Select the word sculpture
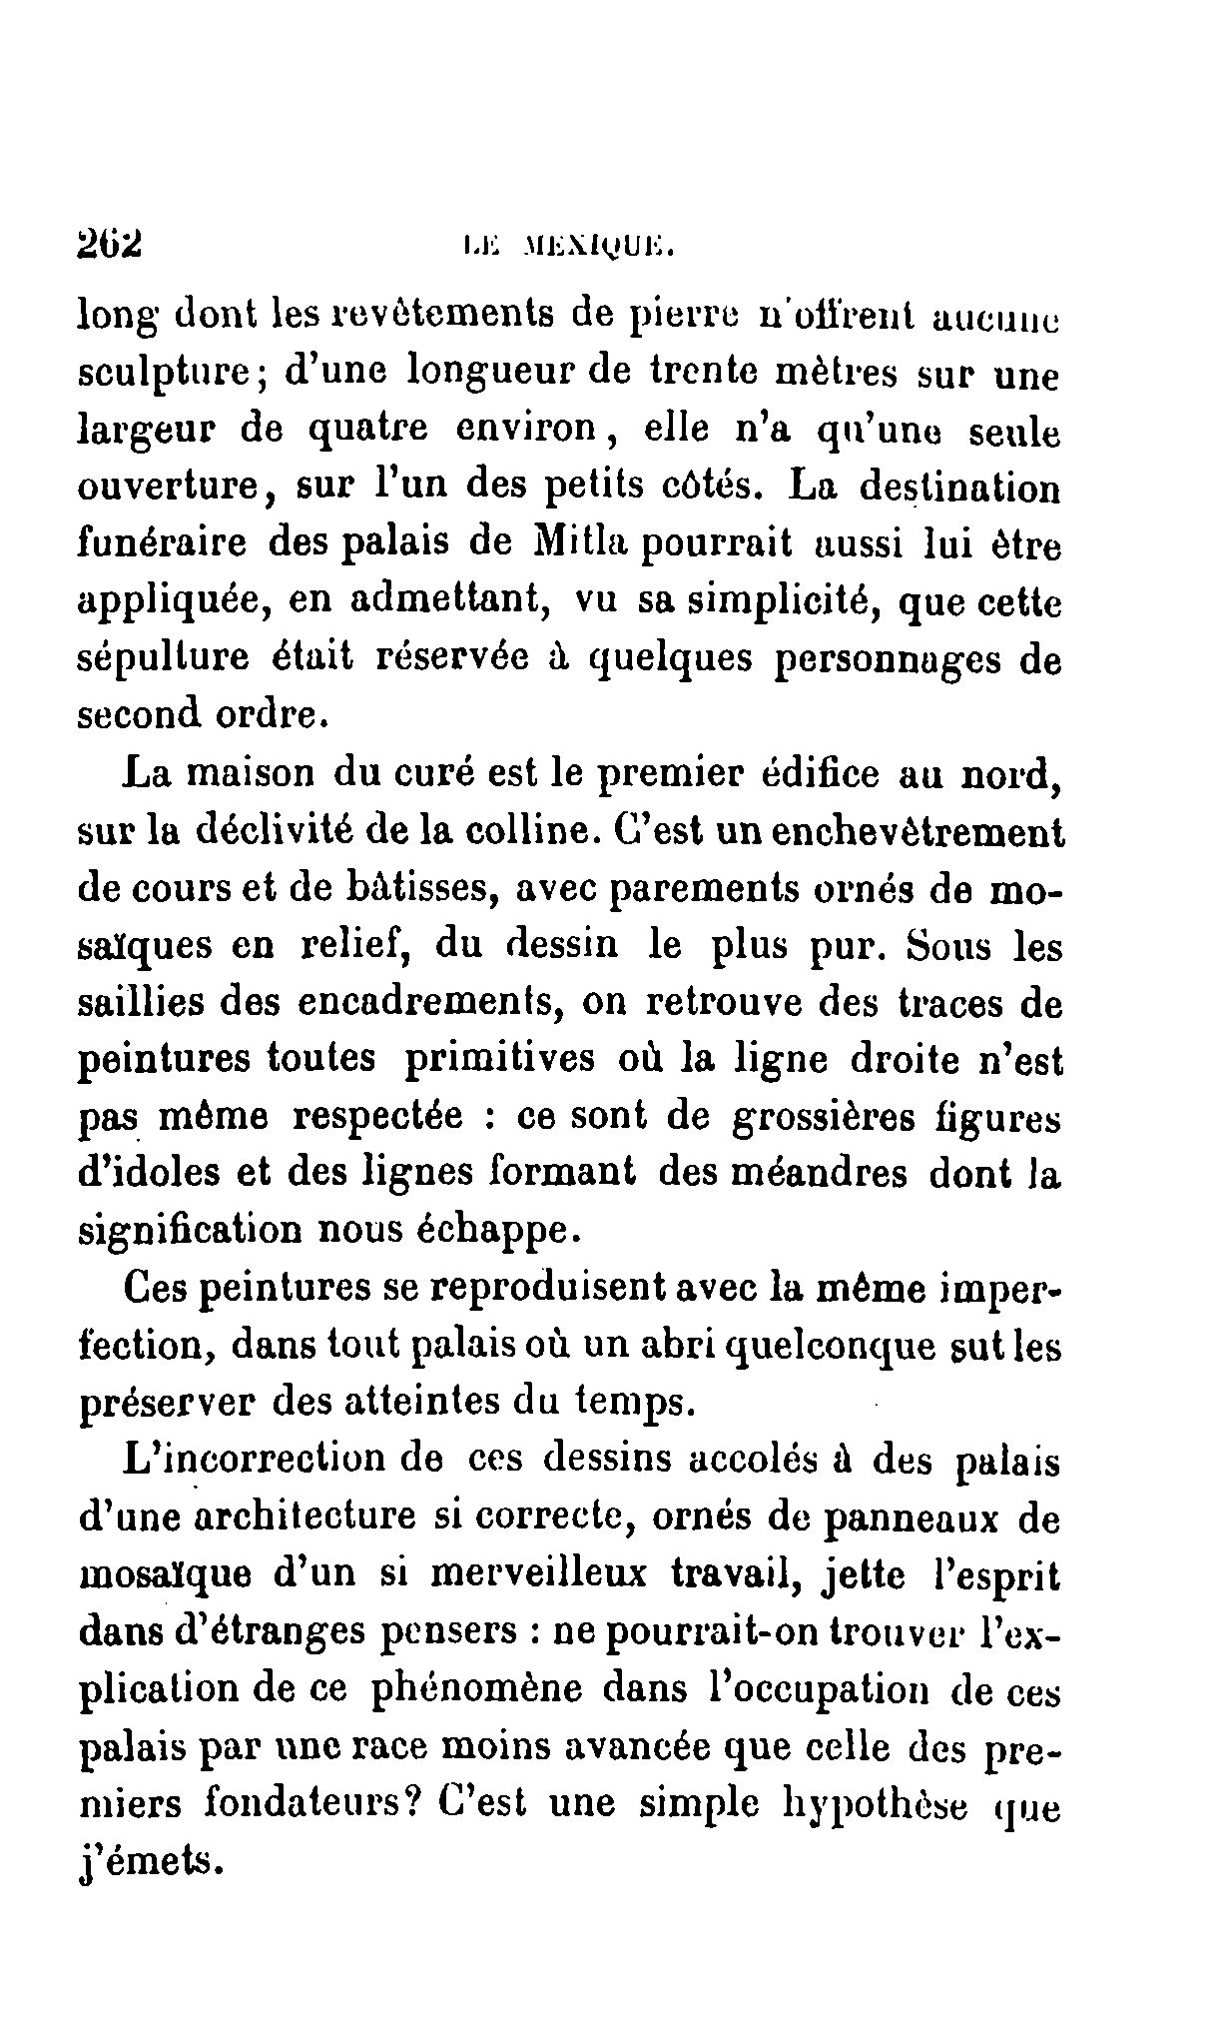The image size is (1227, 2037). pos(170,376)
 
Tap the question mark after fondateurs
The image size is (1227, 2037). pos(417,1803)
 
